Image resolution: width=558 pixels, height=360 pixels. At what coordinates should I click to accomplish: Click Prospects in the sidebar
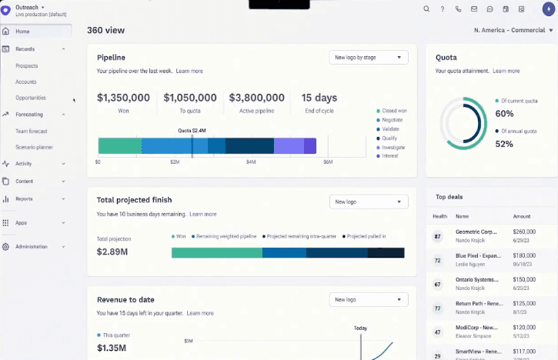(x=27, y=65)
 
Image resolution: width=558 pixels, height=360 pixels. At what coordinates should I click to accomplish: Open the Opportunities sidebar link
(x=31, y=98)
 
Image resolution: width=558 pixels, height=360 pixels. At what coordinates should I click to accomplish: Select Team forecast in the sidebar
(x=32, y=131)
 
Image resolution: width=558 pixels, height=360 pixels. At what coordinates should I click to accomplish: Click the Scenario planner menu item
(x=34, y=147)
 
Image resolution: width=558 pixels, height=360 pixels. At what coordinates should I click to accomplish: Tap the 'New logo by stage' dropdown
(x=368, y=57)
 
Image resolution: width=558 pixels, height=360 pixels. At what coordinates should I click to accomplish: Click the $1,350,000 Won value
(x=123, y=98)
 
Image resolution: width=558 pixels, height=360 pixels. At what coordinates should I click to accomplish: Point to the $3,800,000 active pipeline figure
(x=256, y=98)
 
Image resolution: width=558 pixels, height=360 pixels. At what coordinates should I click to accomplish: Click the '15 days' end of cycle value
(x=319, y=98)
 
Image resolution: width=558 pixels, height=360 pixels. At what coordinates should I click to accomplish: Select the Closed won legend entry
(x=394, y=111)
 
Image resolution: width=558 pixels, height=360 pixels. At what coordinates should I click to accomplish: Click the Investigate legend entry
(x=393, y=147)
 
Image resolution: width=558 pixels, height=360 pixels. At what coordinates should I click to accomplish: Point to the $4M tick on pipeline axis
(x=251, y=162)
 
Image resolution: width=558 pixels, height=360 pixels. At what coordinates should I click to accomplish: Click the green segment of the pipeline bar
(x=119, y=146)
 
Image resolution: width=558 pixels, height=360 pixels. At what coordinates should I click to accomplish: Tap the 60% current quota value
(x=504, y=113)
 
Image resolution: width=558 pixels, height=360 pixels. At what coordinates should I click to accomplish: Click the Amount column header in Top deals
(x=522, y=217)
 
